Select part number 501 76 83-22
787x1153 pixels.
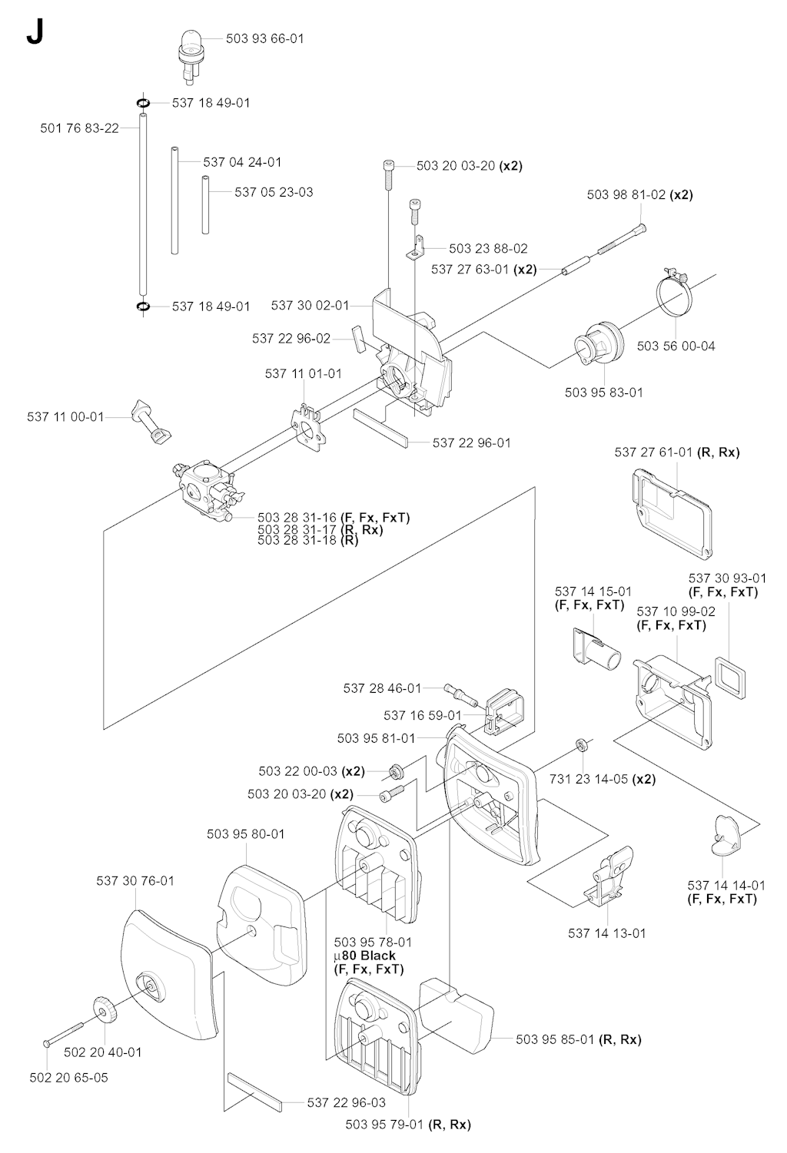tap(79, 128)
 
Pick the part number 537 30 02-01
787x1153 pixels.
tap(310, 305)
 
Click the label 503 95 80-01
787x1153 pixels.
tap(246, 833)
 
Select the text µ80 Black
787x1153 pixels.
tap(365, 956)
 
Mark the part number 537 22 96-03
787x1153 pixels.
tap(346, 1102)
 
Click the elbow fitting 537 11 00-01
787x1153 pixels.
tap(151, 422)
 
